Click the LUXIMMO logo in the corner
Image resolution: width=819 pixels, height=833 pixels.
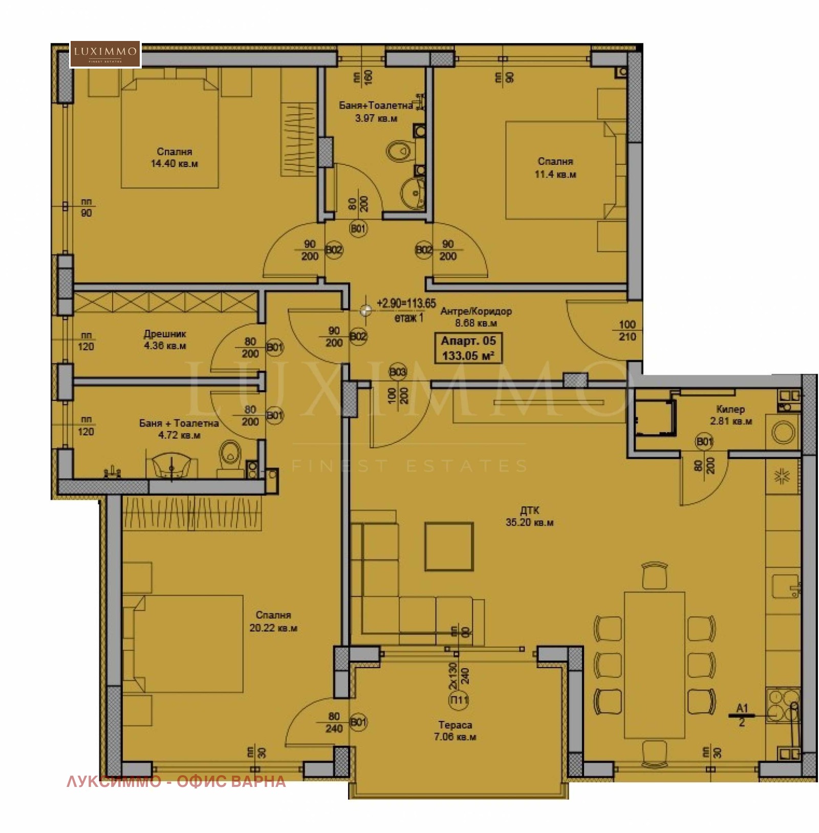(105, 54)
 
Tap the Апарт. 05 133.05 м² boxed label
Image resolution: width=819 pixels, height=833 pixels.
(468, 348)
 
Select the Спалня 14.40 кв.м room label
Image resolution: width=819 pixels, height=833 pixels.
(174, 158)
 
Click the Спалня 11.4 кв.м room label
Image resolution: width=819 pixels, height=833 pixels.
(555, 168)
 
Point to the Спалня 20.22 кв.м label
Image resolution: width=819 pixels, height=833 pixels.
(273, 622)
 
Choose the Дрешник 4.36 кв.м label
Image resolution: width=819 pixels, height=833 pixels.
(165, 339)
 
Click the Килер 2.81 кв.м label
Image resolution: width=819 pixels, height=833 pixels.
(730, 415)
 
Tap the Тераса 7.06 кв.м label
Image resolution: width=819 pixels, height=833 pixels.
(455, 731)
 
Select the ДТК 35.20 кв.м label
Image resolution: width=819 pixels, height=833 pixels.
(529, 517)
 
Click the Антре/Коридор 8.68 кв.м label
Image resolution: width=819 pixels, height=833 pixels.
(476, 316)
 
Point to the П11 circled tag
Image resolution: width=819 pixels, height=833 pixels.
(459, 700)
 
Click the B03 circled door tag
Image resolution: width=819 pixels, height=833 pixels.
(398, 372)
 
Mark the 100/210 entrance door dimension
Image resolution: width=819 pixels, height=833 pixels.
(627, 331)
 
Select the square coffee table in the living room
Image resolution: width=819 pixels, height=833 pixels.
(449, 546)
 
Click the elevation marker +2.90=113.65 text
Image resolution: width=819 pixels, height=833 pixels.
(406, 303)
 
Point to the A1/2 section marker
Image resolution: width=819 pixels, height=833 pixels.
(742, 715)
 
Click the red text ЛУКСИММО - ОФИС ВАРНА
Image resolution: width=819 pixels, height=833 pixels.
(176, 781)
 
